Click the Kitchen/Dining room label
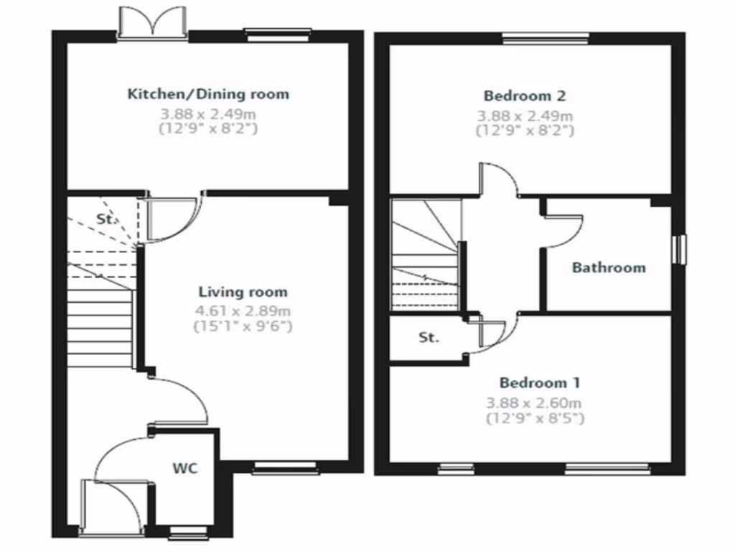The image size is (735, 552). click(208, 93)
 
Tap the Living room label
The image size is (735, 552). click(243, 292)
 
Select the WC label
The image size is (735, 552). click(184, 469)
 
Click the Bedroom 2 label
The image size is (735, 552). click(525, 96)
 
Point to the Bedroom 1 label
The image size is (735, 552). click(540, 382)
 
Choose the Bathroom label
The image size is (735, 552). click(608, 267)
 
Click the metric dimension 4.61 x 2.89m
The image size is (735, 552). click(243, 311)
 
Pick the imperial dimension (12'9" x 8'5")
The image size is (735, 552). click(535, 418)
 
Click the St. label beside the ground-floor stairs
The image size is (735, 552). click(106, 219)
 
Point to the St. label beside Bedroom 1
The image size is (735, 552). click(429, 337)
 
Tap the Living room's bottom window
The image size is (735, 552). click(286, 469)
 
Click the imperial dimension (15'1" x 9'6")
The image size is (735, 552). click(243, 326)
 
